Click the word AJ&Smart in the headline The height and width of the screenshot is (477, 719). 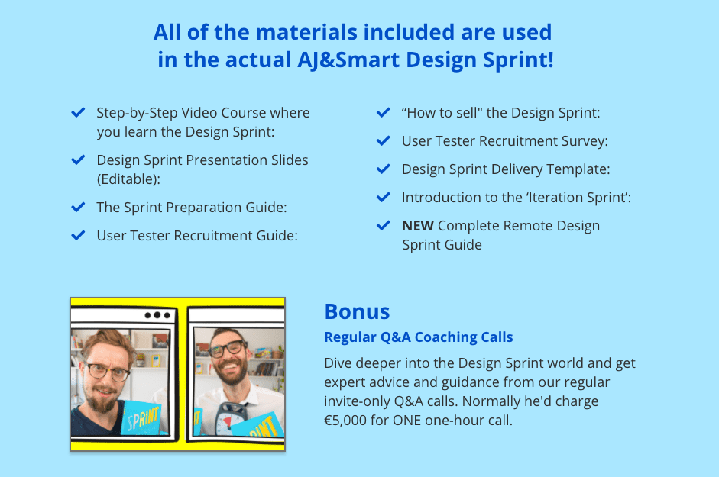pyautogui.click(x=348, y=60)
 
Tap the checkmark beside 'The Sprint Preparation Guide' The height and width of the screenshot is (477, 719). pyautogui.click(x=78, y=207)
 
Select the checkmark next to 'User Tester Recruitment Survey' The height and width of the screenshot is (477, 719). pyautogui.click(x=384, y=140)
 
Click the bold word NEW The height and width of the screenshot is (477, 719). pyautogui.click(x=418, y=225)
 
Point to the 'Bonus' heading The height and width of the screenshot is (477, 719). pyautogui.click(x=357, y=311)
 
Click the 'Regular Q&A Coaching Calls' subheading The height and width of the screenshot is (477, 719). pyautogui.click(x=419, y=337)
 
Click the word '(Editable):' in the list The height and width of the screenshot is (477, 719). pyautogui.click(x=128, y=179)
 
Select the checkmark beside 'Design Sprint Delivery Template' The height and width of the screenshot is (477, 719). pyautogui.click(x=384, y=169)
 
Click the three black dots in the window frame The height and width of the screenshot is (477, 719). pyautogui.click(x=157, y=315)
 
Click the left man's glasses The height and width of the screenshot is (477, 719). pyautogui.click(x=108, y=371)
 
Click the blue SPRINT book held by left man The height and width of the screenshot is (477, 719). pyautogui.click(x=141, y=417)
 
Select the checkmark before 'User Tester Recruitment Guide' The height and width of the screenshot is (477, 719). pyautogui.click(x=78, y=236)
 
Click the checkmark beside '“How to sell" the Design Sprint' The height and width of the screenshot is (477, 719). pyautogui.click(x=384, y=112)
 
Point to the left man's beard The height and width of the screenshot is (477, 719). pyautogui.click(x=102, y=398)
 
